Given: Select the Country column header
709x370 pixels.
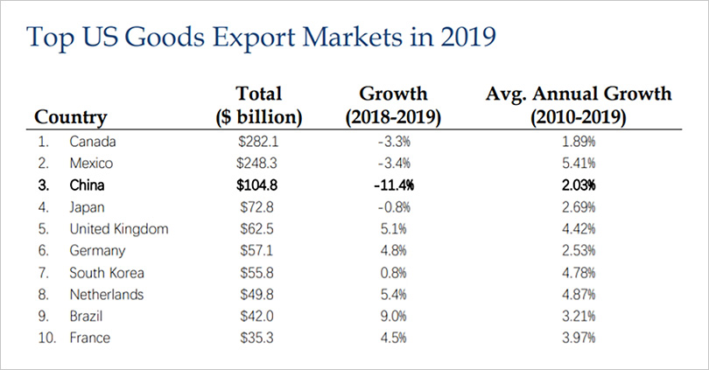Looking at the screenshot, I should point(70,116).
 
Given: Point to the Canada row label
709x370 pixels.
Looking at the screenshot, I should point(92,141).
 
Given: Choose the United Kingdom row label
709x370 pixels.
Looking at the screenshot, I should point(118,228).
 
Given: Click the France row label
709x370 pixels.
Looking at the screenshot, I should point(89,338).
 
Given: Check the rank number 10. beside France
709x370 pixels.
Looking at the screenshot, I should point(43,338).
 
